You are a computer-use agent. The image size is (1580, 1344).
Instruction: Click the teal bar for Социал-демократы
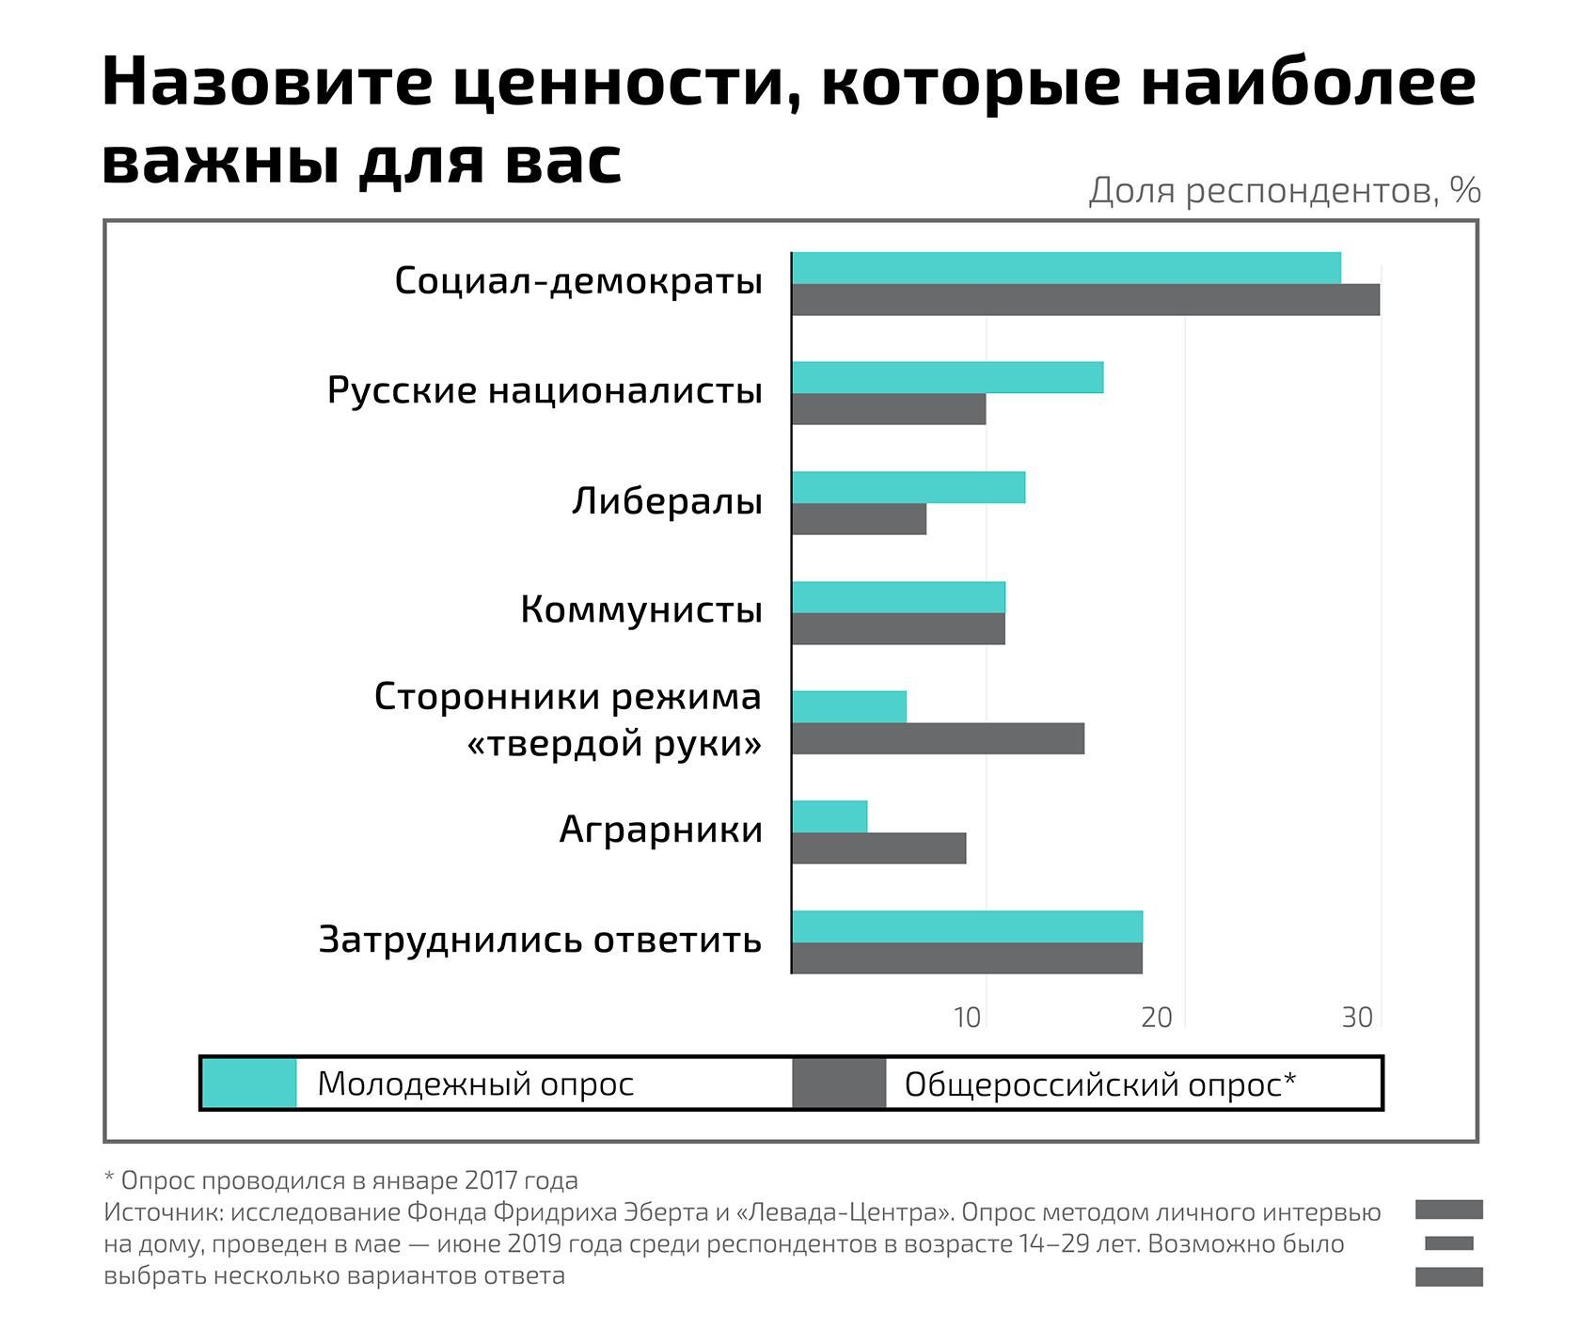point(1066,268)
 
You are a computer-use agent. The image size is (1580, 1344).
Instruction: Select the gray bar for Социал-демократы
point(1085,300)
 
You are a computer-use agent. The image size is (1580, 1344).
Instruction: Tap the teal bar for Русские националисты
point(947,377)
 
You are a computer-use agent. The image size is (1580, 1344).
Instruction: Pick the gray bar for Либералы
point(859,519)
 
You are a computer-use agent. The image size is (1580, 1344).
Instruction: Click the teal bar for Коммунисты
point(898,597)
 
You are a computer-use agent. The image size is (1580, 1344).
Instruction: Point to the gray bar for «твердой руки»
point(938,739)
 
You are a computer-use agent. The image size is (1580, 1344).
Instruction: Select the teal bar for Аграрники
point(829,816)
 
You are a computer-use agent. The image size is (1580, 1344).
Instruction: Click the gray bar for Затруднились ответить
point(967,958)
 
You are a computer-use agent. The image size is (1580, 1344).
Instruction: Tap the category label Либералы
point(667,501)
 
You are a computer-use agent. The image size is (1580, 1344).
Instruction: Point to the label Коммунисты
point(640,610)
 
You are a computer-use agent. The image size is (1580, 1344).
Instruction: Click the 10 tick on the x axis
point(967,1018)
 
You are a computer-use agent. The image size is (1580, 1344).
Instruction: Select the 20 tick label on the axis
point(1157,1018)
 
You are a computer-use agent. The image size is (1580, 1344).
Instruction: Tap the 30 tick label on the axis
point(1357,1018)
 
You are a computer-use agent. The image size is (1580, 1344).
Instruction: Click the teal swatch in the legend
point(249,1083)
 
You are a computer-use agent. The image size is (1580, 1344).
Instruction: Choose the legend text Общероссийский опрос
point(1098,1084)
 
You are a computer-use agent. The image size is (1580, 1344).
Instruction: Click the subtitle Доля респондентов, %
point(1284,191)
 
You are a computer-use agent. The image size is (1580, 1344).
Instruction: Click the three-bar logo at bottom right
point(1448,1242)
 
